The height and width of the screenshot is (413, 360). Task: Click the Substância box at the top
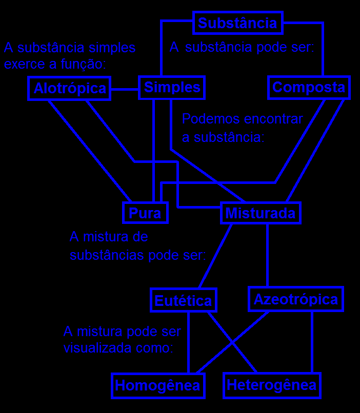237,23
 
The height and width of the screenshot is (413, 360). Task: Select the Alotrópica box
69,89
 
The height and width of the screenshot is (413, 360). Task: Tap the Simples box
172,88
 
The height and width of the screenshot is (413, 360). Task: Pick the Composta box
309,88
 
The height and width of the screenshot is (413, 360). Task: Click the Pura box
145,213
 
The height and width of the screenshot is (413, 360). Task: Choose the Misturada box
261,213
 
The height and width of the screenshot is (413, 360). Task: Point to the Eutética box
183,300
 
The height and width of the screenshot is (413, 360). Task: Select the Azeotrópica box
296,299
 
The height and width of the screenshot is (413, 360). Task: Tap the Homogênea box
157,385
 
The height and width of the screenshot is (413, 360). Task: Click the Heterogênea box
272,385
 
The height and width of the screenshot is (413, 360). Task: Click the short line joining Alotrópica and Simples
125,89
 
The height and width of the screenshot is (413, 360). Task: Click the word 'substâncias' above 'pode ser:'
107,255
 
